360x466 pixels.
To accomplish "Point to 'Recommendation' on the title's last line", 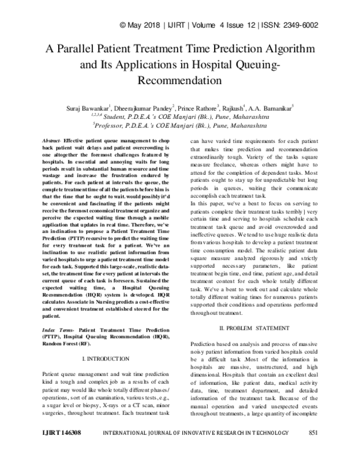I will [180, 79].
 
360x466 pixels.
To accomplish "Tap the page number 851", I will [312, 448].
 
